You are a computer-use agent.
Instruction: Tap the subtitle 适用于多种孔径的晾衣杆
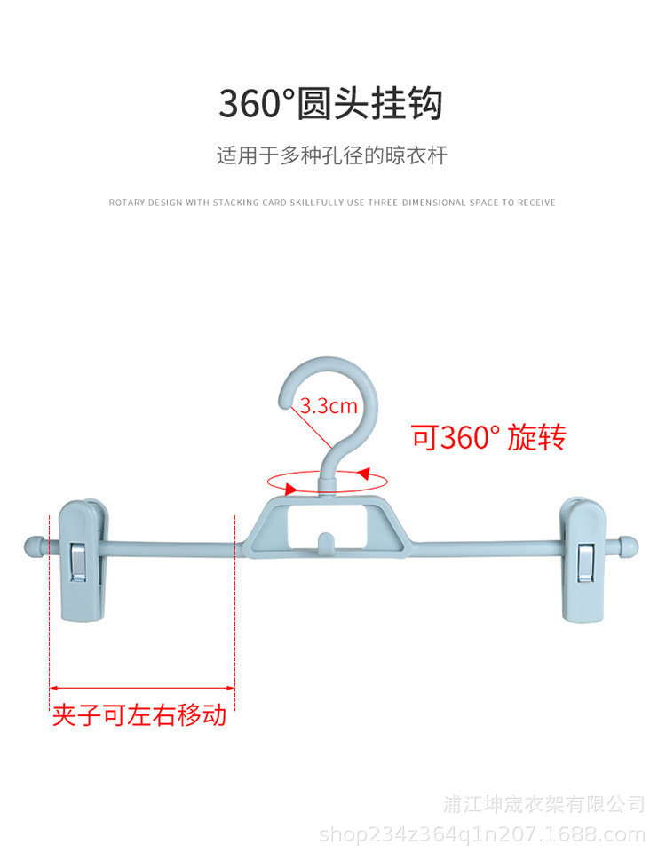click(332, 156)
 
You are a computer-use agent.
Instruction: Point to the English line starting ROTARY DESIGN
click(332, 203)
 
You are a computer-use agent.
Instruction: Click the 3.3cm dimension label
click(328, 407)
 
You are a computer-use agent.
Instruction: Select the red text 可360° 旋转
click(488, 437)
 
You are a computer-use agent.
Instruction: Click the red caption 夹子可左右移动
click(139, 715)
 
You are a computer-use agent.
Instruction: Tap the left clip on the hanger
click(84, 560)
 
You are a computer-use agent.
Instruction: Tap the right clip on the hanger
click(583, 560)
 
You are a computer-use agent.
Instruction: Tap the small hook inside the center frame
click(326, 542)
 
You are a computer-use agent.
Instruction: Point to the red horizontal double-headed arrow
click(141, 688)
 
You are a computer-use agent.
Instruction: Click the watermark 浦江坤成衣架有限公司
click(543, 804)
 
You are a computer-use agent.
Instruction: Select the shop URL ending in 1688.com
click(482, 835)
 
